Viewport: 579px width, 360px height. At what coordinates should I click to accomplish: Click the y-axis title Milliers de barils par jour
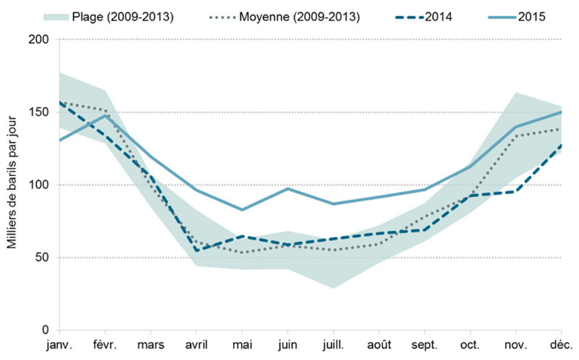tap(13, 185)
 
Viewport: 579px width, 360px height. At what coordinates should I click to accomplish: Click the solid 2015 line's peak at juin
tap(287, 188)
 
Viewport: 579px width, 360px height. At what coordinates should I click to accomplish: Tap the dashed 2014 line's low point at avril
tap(197, 251)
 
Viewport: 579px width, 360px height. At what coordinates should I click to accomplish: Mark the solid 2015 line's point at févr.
tap(106, 115)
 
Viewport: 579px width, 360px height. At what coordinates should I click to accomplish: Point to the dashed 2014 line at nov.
tap(516, 191)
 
